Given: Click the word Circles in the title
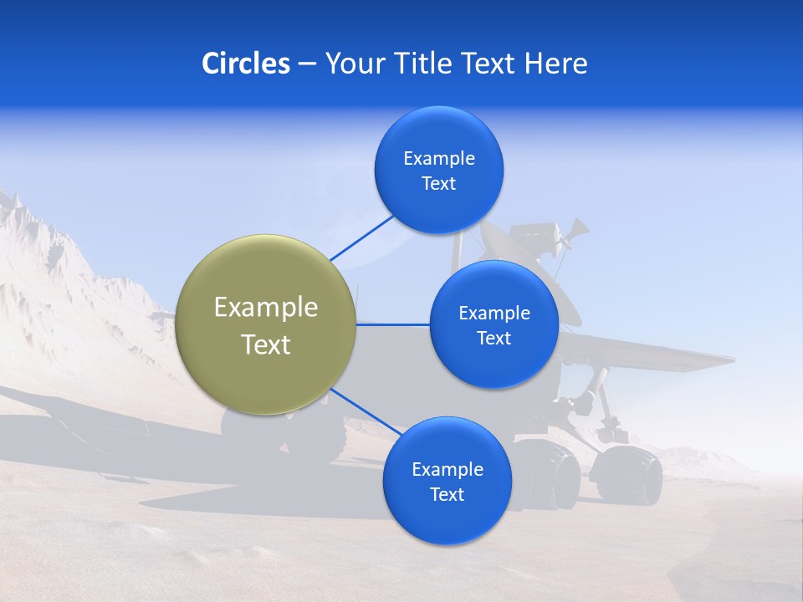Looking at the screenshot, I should pos(245,64).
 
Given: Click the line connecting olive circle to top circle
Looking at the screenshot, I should pos(361,237).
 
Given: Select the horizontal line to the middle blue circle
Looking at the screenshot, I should pos(392,324).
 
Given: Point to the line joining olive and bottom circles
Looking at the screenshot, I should pos(365,411).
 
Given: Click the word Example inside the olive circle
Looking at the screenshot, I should pos(266,308).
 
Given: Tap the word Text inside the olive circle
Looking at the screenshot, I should pos(266,344).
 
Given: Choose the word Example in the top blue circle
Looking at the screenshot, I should pos(439,159).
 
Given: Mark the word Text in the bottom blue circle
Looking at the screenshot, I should pos(447,494).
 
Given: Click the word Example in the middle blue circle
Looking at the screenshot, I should pos(494,314).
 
